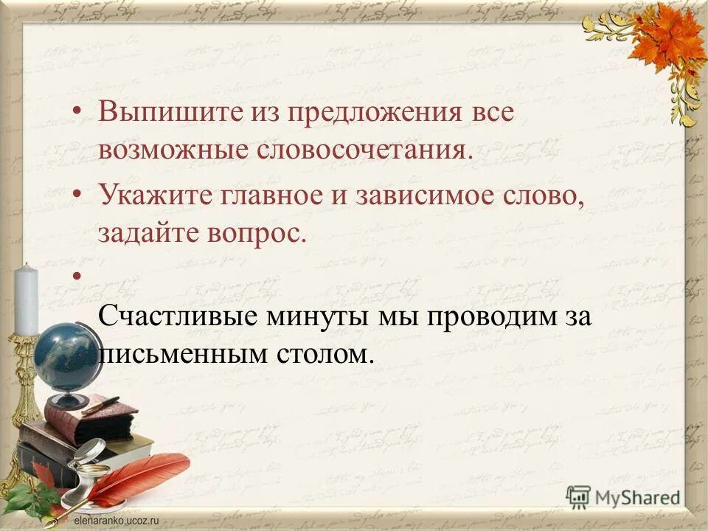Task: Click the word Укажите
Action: (147, 198)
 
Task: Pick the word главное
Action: (258, 198)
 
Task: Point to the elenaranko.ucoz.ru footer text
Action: (117, 520)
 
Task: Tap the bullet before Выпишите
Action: (78, 112)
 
